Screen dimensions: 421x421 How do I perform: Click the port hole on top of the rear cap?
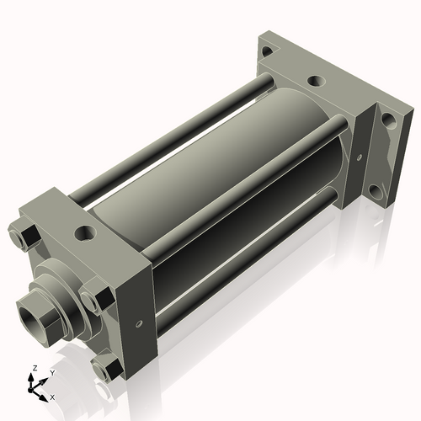coord(315,82)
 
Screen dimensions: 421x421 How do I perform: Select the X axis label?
coord(52,395)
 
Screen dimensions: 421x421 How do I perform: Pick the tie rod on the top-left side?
coord(168,135)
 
